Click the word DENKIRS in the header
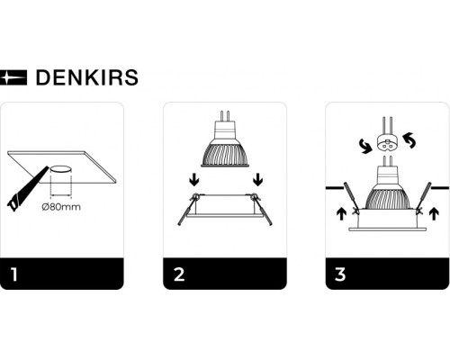tap(86, 78)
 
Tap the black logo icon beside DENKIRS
tap(14, 78)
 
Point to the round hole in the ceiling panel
tap(60, 170)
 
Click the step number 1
tap(13, 274)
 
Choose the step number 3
tap(338, 274)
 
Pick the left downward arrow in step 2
tap(193, 183)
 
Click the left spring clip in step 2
tap(185, 211)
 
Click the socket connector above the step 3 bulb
tap(387, 141)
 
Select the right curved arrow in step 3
tap(411, 140)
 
